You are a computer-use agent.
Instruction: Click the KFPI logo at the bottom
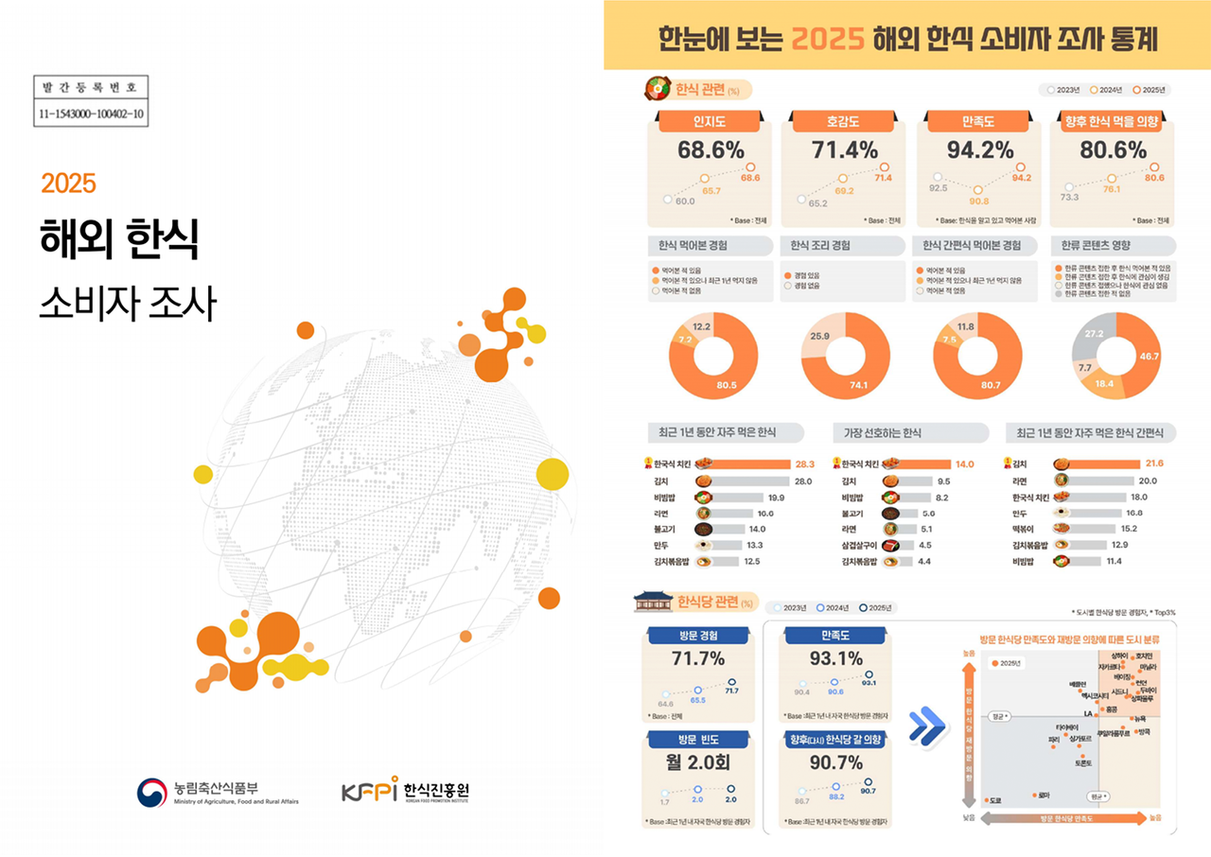click(x=405, y=791)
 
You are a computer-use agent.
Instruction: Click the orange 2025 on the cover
click(x=68, y=183)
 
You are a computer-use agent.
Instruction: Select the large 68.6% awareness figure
click(x=711, y=149)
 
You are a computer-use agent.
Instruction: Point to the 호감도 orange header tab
click(x=842, y=122)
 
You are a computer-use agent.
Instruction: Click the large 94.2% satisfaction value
click(x=979, y=149)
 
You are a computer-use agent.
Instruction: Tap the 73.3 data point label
click(x=1068, y=198)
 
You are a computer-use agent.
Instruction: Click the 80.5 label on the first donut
click(x=726, y=385)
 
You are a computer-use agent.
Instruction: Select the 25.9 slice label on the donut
click(x=819, y=337)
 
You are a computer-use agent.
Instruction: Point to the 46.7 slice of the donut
click(x=1149, y=356)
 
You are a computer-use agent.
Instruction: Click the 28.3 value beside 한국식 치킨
click(x=804, y=464)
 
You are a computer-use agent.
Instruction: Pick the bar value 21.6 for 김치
click(x=1153, y=463)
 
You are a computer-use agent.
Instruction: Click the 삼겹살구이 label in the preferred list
click(x=860, y=545)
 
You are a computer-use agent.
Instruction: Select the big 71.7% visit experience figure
click(x=697, y=658)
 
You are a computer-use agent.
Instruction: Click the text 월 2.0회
click(x=697, y=762)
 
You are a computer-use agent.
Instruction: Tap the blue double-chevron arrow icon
click(x=927, y=724)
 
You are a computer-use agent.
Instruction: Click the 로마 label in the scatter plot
click(x=1044, y=795)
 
